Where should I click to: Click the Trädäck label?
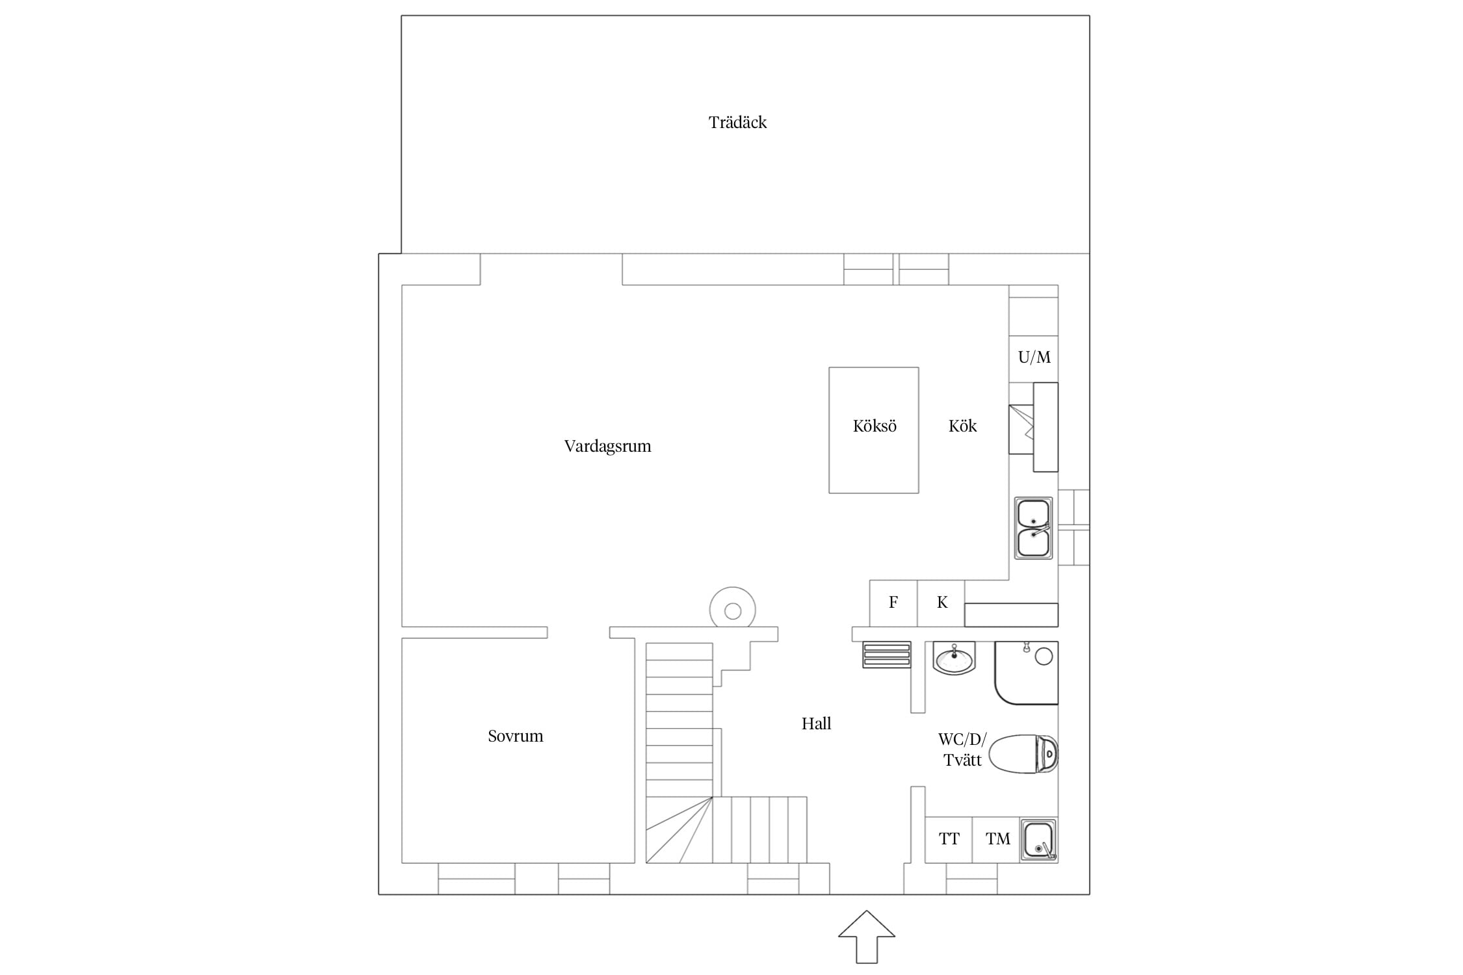[737, 122]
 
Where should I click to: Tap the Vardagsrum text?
[607, 447]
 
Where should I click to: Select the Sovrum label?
[515, 736]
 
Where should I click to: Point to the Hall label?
[816, 723]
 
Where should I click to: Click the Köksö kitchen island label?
[875, 426]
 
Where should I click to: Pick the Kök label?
[962, 426]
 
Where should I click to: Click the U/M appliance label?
[1034, 357]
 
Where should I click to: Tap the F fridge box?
[893, 603]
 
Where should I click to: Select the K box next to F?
[941, 603]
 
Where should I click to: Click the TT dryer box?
[949, 840]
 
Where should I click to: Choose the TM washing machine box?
[996, 840]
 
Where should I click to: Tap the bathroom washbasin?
[954, 658]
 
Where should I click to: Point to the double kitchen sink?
[1033, 528]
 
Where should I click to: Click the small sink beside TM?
[1038, 840]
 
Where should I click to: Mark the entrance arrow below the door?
[866, 937]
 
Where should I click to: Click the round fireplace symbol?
[733, 608]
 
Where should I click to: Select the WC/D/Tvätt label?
[962, 750]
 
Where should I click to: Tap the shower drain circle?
[1044, 656]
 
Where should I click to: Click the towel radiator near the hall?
[887, 655]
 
